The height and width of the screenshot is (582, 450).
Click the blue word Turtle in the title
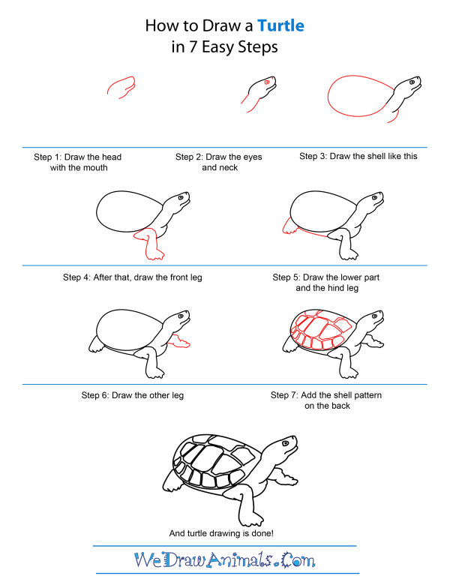tap(280, 26)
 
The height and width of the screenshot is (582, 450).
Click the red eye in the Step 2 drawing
tap(266, 81)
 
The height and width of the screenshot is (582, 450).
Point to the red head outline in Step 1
tap(122, 86)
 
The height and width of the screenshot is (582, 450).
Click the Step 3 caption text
tap(358, 157)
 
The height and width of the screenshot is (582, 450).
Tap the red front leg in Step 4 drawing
tap(151, 244)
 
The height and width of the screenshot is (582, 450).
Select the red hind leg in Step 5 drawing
tap(287, 225)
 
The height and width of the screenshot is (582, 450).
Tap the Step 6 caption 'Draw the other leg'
tap(132, 395)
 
